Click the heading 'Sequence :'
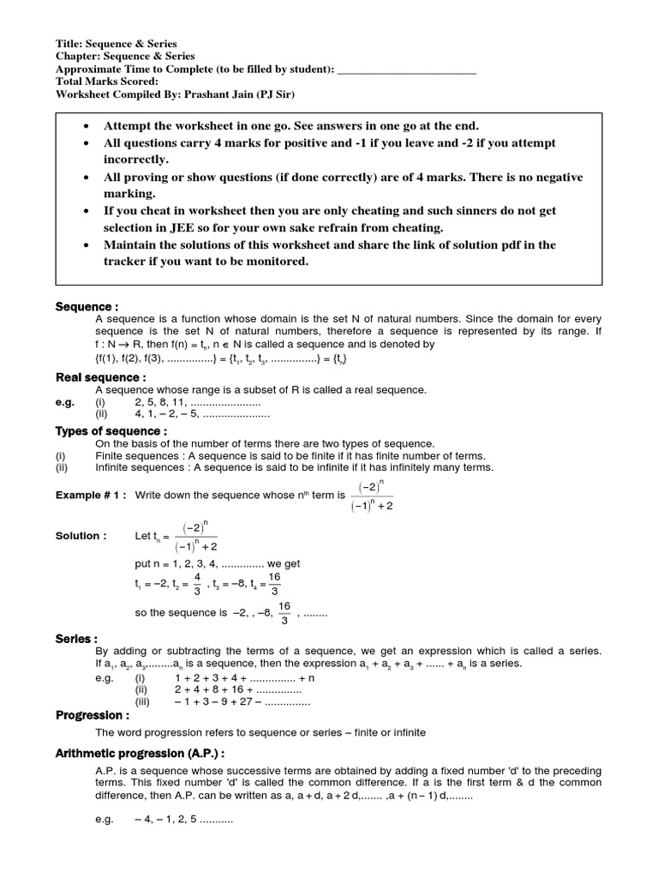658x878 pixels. [87, 307]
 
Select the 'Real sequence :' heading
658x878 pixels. [101, 377]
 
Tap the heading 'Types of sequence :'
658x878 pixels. [111, 430]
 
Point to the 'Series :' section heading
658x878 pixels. [76, 639]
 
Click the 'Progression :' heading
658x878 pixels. [93, 715]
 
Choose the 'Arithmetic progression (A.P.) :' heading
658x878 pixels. [141, 753]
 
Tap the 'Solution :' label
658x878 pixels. [81, 536]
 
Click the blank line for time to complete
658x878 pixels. [407, 69]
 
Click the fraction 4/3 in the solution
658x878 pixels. [197, 583]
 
